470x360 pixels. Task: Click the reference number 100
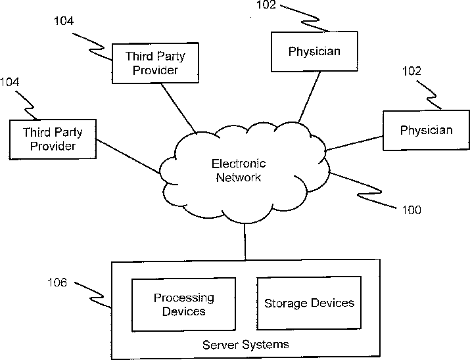[x=411, y=210]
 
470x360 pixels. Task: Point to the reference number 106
[x=57, y=282]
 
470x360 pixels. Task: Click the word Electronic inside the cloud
[x=239, y=164]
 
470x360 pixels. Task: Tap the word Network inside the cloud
[x=239, y=177]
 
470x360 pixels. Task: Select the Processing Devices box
[x=183, y=304]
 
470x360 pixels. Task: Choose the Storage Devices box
[x=309, y=303]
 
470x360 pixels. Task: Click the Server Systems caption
[x=245, y=344]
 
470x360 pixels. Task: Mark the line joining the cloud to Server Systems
[x=245, y=242]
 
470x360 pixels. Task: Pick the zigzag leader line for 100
[x=363, y=190]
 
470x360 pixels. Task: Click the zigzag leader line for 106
[x=93, y=295]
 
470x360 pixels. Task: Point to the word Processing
[x=184, y=298]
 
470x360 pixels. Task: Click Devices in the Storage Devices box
[x=332, y=303]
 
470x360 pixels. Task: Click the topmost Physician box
[x=314, y=51]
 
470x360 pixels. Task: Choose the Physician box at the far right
[x=426, y=130]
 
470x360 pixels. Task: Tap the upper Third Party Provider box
[x=155, y=63]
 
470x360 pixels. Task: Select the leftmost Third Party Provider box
[x=53, y=139]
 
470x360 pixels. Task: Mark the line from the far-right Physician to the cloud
[x=354, y=143]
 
